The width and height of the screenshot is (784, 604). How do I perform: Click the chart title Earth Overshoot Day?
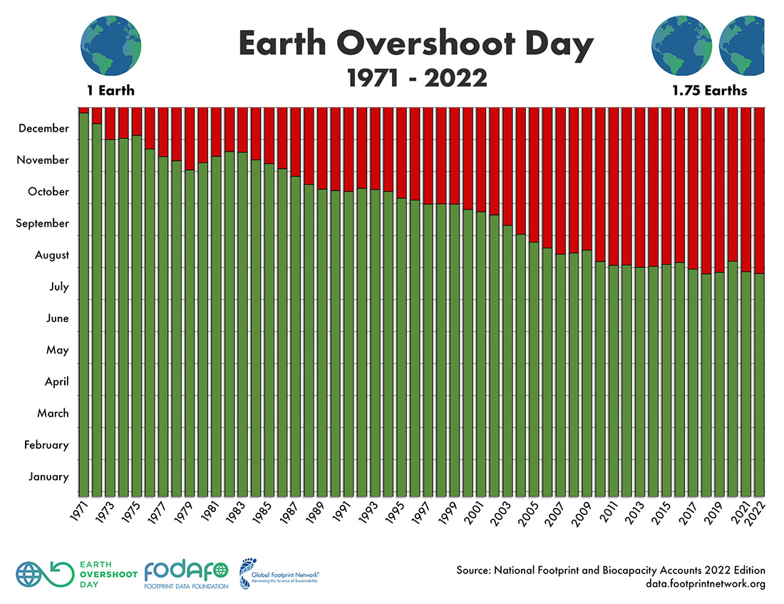(416, 44)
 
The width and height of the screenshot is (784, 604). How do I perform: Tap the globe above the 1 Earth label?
(111, 46)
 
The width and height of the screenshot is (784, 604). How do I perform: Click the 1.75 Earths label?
(709, 90)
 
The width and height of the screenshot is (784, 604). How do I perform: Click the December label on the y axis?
(44, 129)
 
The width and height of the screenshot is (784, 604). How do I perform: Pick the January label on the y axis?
(48, 477)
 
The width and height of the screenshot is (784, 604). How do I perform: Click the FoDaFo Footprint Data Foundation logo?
(186, 574)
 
